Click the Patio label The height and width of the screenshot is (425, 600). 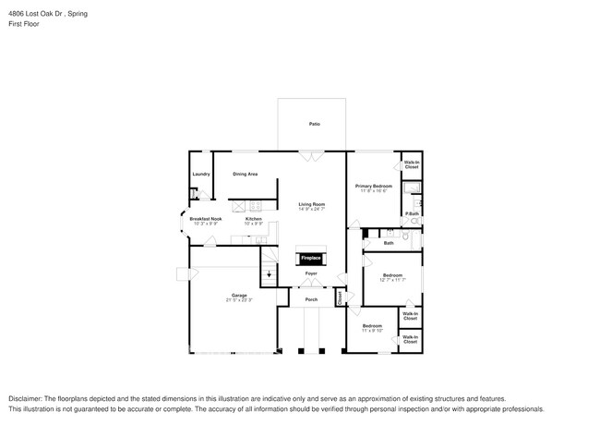tap(314, 124)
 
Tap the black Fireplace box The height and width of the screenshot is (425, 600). tap(310, 258)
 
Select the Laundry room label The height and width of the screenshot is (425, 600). tap(200, 174)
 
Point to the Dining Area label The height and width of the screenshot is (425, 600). tap(245, 174)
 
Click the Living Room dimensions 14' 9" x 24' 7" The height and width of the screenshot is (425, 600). tap(311, 209)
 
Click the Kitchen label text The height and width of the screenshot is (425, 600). tap(254, 219)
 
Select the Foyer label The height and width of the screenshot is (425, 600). tap(312, 273)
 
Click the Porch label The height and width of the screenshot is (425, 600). tap(311, 298)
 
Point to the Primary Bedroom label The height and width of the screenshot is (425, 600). tap(374, 186)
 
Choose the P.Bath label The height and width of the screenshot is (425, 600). tap(411, 214)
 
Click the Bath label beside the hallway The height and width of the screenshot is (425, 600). tap(389, 243)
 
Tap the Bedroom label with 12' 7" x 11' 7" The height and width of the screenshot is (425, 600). tap(392, 274)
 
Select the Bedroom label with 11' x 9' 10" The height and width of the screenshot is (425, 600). tap(372, 326)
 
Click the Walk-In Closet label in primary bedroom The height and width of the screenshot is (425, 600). tap(411, 164)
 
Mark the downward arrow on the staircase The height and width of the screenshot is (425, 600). tap(270, 274)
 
